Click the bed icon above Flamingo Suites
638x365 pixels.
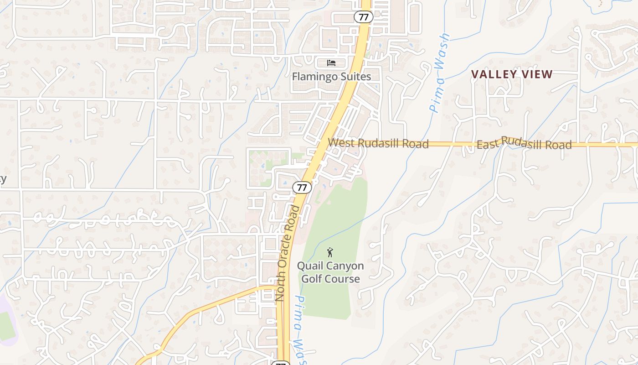[331, 63]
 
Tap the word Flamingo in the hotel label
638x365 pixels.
[314, 77]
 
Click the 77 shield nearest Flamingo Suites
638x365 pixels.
[363, 17]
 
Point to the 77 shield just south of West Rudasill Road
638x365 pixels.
[302, 187]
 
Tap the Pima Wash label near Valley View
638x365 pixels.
[438, 73]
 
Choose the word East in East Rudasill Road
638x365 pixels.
[488, 145]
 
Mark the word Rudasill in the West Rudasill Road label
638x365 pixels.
[379, 143]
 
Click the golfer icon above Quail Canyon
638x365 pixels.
[330, 252]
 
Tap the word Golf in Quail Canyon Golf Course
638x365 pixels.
[313, 279]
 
